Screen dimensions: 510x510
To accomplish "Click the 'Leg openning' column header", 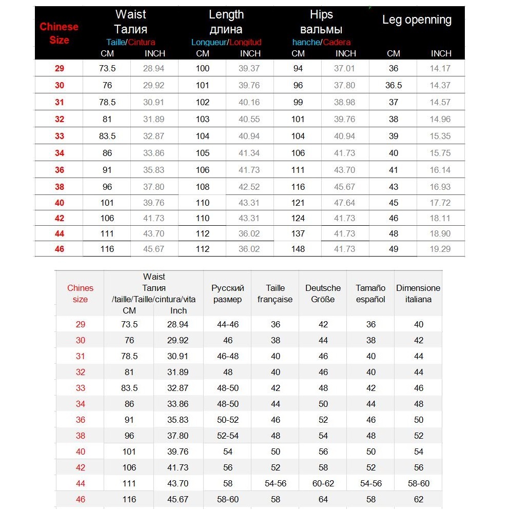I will click(x=417, y=21).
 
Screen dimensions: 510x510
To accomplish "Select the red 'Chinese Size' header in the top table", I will click(x=59, y=33).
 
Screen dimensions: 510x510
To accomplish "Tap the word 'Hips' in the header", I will click(x=321, y=14).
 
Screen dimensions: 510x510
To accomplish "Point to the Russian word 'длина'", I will click(x=226, y=29).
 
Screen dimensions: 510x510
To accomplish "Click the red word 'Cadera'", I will click(x=337, y=42).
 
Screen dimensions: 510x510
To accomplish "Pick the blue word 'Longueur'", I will click(x=209, y=42).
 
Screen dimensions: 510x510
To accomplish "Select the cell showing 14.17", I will click(x=440, y=68).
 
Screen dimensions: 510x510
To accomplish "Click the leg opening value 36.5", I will click(x=394, y=85).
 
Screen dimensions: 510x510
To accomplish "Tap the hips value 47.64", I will click(x=345, y=203).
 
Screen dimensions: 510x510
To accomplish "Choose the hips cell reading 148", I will click(x=298, y=249).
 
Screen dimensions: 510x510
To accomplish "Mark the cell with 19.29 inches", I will click(x=440, y=249).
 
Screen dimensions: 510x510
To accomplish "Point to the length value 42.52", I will click(x=249, y=186).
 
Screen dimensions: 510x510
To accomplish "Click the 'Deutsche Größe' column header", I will click(x=323, y=293).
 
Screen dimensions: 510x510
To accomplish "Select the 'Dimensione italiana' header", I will click(x=418, y=293).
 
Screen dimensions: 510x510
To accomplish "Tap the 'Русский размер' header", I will click(x=228, y=293).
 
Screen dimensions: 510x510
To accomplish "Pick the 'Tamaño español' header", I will click(x=370, y=293).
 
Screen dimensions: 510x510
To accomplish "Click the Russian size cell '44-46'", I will click(x=228, y=324).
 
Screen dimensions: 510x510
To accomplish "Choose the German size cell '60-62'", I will click(x=323, y=483).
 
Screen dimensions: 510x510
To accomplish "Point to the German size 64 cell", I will click(x=323, y=499).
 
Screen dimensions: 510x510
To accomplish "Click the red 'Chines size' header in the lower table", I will click(x=80, y=293).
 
